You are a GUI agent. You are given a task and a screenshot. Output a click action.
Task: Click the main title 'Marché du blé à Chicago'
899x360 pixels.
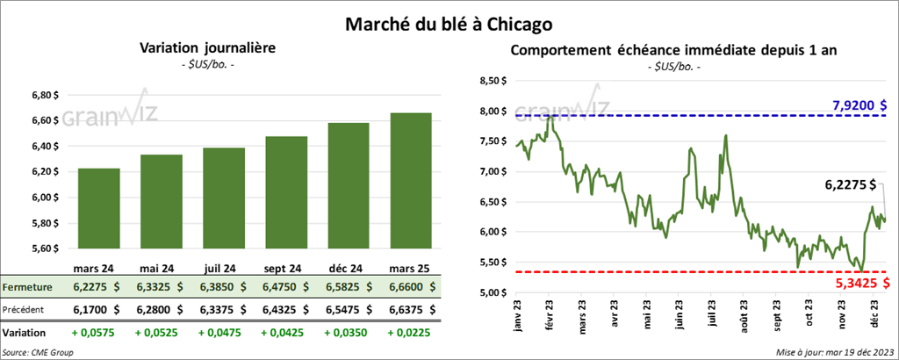(x=449, y=18)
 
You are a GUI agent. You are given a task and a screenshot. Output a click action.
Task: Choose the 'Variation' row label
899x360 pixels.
(x=25, y=334)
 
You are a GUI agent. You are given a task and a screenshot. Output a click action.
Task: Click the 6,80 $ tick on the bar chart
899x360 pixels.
(x=44, y=96)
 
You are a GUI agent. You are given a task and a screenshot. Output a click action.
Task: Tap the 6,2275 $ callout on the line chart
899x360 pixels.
(x=851, y=184)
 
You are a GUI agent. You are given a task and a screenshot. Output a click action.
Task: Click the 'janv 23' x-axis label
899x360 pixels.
(x=518, y=317)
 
